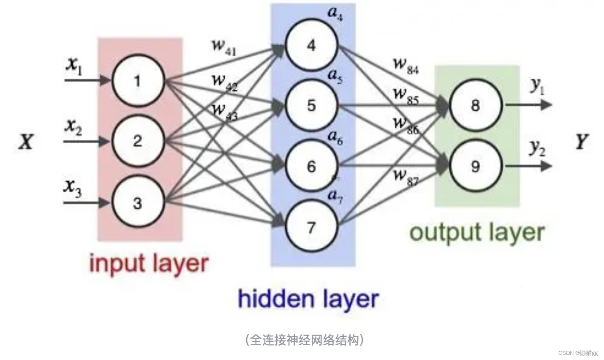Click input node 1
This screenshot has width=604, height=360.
pyautogui.click(x=137, y=81)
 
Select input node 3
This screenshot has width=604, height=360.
pyautogui.click(x=137, y=203)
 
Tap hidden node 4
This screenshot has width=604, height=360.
pyautogui.click(x=311, y=45)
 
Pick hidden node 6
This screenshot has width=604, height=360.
pyautogui.click(x=311, y=166)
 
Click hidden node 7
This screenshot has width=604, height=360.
pyautogui.click(x=311, y=227)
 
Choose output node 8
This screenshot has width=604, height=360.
pyautogui.click(x=476, y=105)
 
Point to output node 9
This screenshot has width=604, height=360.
pyautogui.click(x=476, y=166)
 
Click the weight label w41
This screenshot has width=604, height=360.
pyautogui.click(x=223, y=47)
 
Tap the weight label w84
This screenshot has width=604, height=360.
pyautogui.click(x=405, y=65)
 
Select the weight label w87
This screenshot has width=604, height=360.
pyautogui.click(x=405, y=177)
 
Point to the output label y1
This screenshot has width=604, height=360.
pyautogui.click(x=537, y=87)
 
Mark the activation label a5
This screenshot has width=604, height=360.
pyautogui.click(x=335, y=77)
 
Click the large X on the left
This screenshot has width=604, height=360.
pyautogui.click(x=26, y=142)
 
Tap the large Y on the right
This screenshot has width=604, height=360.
pyautogui.click(x=582, y=142)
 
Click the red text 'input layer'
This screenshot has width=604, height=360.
pyautogui.click(x=149, y=263)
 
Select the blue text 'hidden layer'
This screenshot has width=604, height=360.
pyautogui.click(x=308, y=299)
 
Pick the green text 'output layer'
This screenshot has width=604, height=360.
pyautogui.click(x=477, y=232)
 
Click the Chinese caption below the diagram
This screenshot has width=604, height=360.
pyautogui.click(x=304, y=340)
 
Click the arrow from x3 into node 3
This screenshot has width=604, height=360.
pyautogui.click(x=87, y=203)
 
